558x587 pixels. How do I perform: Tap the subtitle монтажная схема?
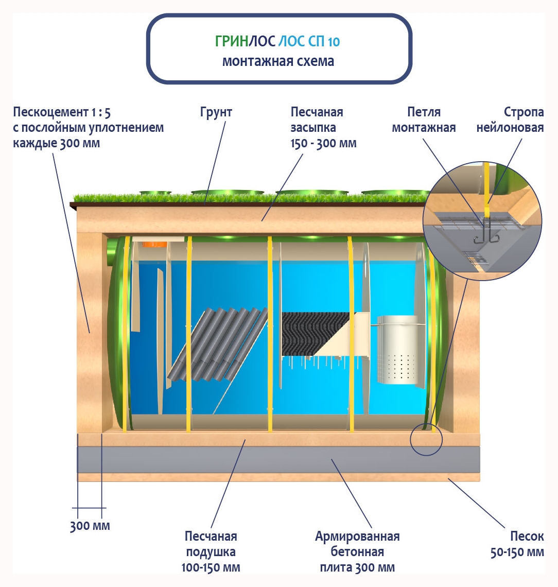(278, 61)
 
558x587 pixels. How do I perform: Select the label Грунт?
(216, 112)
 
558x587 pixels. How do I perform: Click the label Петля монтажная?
(424, 119)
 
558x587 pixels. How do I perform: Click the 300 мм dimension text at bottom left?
(90, 526)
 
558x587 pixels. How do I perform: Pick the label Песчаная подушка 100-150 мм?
(211, 552)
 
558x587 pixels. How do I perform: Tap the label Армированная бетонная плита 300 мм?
(357, 552)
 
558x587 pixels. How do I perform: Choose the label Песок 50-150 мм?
(516, 544)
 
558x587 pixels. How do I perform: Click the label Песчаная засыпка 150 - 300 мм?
(323, 127)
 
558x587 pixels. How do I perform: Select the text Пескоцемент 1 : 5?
(62, 112)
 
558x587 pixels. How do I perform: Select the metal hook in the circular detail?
(484, 234)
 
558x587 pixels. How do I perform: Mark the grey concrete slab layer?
(278, 460)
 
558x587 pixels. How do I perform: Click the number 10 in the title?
(334, 42)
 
